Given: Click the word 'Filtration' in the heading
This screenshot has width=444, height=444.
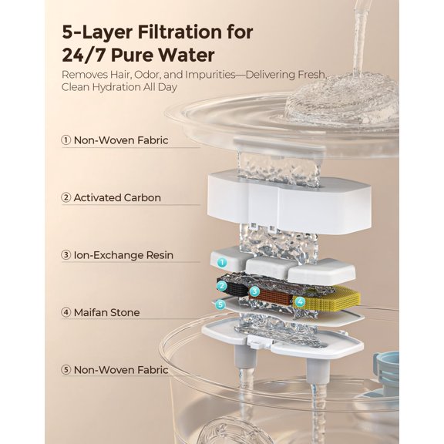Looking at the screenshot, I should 209,33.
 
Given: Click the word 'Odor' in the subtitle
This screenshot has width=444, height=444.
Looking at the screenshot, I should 164,75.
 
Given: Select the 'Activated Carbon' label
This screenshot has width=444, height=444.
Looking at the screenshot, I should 117,198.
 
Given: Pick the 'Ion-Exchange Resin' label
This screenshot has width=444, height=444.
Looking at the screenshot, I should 123,255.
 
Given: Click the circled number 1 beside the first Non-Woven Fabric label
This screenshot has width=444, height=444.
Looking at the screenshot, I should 66,141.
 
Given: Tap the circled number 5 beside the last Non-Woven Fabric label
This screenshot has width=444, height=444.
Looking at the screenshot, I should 66,370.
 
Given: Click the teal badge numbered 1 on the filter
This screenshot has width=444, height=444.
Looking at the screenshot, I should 222,263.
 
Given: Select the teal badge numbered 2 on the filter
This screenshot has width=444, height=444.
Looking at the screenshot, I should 222,287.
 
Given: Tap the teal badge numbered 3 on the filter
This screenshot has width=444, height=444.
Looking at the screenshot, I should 254,291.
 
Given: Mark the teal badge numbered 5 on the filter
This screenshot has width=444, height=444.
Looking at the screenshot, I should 221,304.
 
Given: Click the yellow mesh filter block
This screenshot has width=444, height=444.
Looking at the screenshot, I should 331,298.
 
